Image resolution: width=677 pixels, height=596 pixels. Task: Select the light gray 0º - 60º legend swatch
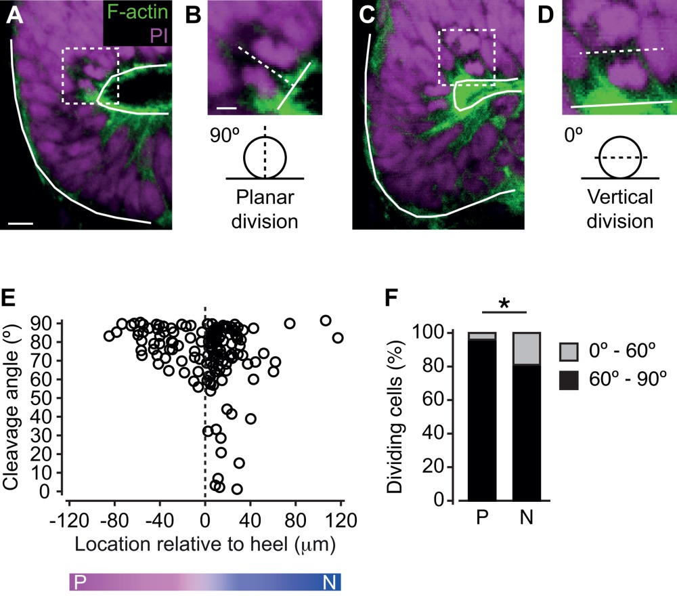click(570, 352)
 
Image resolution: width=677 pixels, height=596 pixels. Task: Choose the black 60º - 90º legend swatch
click(570, 381)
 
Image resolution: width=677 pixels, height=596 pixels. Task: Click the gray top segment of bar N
click(527, 349)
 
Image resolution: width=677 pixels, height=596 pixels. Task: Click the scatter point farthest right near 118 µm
click(338, 337)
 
